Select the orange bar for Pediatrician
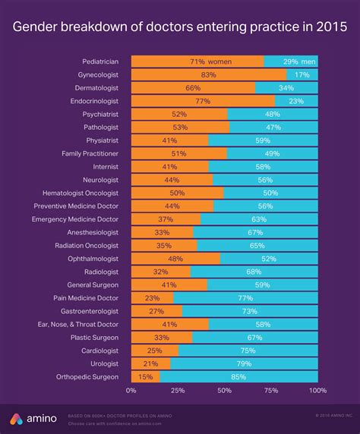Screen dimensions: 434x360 tap(197, 61)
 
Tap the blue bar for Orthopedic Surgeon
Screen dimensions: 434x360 tap(238, 376)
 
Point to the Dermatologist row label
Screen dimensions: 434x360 tap(97, 89)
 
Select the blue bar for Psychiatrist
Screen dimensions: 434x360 tap(273, 114)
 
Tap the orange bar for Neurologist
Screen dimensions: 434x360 tap(172, 180)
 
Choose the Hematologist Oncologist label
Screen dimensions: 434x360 tap(82, 193)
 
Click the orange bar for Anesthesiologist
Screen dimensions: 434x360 tap(162, 232)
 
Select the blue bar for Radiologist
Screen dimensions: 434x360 tap(254, 272)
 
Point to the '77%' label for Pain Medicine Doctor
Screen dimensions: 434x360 tap(245, 298)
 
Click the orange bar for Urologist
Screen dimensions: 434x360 tap(150, 363)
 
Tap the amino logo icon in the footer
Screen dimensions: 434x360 tap(17, 420)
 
